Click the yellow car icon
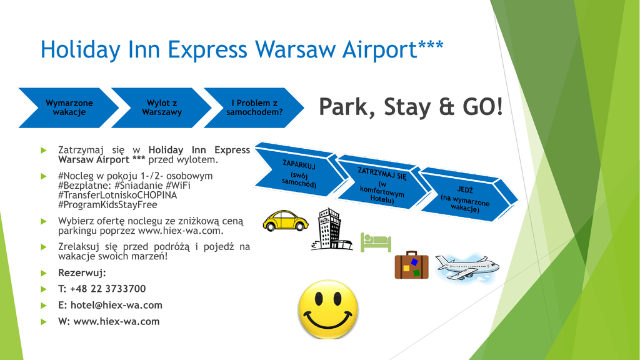point(285,221)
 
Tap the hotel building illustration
point(331,229)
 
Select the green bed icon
point(376,242)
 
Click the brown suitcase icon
point(411,265)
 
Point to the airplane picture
point(467,267)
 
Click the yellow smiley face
point(328,309)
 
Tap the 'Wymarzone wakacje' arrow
point(69,107)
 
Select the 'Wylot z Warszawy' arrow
point(162,107)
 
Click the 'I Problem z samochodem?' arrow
point(254,107)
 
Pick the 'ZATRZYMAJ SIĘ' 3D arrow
point(383,184)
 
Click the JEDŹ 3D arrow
point(467,198)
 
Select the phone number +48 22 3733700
point(107,289)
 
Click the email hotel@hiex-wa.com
point(116,305)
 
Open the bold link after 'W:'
point(116,322)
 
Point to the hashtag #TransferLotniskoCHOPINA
point(117,195)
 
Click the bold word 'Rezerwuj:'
point(82,272)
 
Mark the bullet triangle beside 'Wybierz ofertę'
point(44,221)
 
